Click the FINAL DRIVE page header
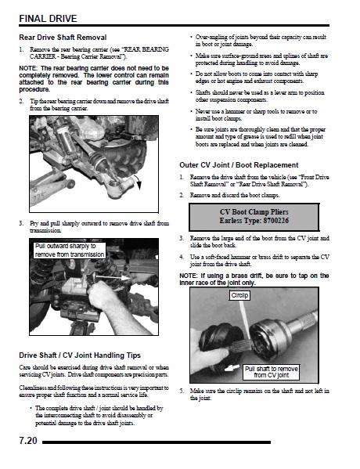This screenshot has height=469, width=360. pyautogui.click(x=48, y=19)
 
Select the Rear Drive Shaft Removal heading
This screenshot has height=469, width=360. pyautogui.click(x=63, y=38)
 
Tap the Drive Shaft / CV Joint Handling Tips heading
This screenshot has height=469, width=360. pyautogui.click(x=80, y=355)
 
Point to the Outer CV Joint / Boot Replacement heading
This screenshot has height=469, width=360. pyautogui.click(x=239, y=165)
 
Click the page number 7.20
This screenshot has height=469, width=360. pyautogui.click(x=28, y=441)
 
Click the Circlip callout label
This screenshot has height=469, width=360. pyautogui.click(x=239, y=295)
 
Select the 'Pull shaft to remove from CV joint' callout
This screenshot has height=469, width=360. pyautogui.click(x=272, y=372)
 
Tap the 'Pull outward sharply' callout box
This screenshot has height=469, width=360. pyautogui.click(x=70, y=251)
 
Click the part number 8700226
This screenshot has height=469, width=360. pyautogui.click(x=276, y=221)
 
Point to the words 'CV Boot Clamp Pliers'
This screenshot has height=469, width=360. pyautogui.click(x=254, y=212)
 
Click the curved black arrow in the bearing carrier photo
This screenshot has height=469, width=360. pyautogui.click(x=137, y=182)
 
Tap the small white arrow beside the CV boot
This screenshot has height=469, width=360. pyautogui.click(x=232, y=367)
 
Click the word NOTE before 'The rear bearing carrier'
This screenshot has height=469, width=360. pyautogui.click(x=28, y=68)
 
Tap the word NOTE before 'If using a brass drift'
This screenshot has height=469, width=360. pyautogui.click(x=189, y=276)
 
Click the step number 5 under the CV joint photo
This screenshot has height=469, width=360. pyautogui.click(x=182, y=391)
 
